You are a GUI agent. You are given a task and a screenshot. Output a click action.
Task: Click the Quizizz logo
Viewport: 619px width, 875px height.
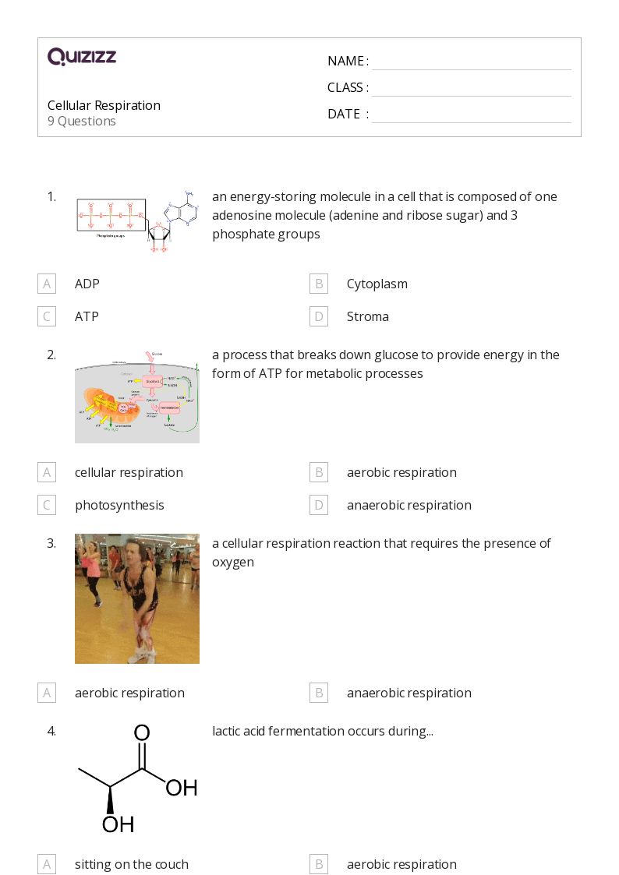click(82, 57)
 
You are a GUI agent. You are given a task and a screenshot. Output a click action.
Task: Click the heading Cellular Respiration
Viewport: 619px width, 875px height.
click(104, 105)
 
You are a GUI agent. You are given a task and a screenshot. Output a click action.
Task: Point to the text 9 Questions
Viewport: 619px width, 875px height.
click(82, 122)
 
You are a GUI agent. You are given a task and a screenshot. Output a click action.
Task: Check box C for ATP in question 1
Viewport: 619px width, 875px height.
click(47, 316)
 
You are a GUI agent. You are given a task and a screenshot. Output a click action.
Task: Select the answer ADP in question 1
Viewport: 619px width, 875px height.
click(87, 284)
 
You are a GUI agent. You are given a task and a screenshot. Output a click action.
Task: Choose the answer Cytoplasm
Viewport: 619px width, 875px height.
click(377, 284)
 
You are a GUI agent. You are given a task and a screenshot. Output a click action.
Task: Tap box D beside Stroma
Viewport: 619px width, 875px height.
click(318, 316)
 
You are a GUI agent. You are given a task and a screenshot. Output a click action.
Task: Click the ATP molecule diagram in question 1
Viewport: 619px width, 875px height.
click(137, 221)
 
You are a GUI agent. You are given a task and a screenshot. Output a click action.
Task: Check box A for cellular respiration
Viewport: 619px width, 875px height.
click(47, 472)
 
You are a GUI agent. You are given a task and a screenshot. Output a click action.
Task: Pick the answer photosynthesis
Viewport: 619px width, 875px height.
click(119, 505)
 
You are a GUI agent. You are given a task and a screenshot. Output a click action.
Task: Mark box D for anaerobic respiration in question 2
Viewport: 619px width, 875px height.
click(318, 505)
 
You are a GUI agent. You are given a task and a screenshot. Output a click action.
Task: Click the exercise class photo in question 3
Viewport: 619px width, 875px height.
click(137, 598)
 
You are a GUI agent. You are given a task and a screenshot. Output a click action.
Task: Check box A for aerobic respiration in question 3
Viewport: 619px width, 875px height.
click(47, 693)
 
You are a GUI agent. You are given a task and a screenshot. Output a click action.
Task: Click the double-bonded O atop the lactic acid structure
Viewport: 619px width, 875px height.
click(141, 733)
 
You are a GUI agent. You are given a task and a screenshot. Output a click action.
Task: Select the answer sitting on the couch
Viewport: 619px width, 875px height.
click(132, 864)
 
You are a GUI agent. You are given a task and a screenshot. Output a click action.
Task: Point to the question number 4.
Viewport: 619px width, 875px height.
click(51, 731)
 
